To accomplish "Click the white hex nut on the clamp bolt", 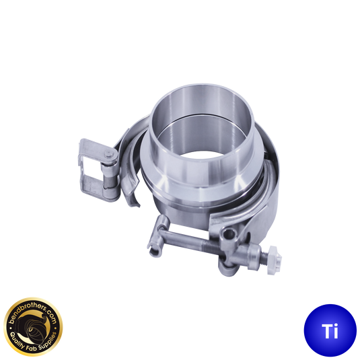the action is click(x=275, y=260).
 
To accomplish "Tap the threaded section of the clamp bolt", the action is click(x=213, y=247).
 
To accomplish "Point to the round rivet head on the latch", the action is click(x=110, y=155).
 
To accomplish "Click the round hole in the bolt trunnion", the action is click(x=229, y=234).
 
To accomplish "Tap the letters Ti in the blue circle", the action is click(x=330, y=331).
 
